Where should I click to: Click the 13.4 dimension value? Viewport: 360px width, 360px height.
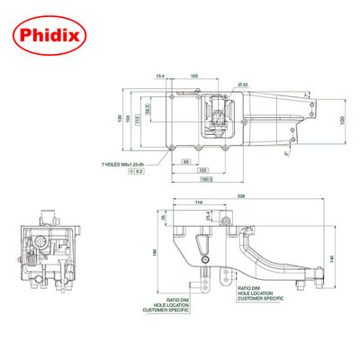coord(160,76)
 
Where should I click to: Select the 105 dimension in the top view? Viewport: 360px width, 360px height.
coord(194,76)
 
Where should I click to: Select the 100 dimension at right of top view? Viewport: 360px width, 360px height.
coord(342,120)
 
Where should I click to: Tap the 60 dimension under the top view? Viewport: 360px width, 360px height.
coord(184,161)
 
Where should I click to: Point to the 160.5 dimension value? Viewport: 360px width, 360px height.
coord(206,177)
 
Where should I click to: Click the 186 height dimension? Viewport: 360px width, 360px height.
coord(154,255)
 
